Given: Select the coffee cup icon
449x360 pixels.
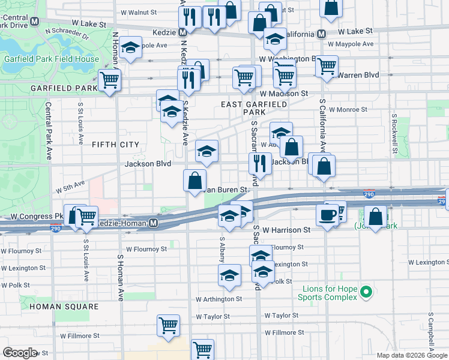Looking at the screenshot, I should tap(328, 214).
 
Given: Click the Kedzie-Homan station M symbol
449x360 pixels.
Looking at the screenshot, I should tap(154, 223).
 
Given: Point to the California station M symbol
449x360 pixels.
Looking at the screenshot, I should tap(322, 34).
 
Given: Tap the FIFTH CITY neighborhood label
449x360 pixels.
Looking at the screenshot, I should tap(115, 145).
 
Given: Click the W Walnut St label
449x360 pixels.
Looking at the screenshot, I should tap(138, 11).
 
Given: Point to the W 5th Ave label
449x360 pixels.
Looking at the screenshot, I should tap(71, 188).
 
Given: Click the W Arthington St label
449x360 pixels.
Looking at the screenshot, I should tap(218, 298).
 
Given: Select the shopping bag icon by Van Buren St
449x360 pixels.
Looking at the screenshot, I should tap(195, 180).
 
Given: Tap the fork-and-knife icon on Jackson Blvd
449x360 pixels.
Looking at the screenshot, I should tap(260, 163).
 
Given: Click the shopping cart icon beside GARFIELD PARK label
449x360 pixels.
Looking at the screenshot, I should tap(109, 80).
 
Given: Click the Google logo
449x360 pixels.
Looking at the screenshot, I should tap(20, 353).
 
